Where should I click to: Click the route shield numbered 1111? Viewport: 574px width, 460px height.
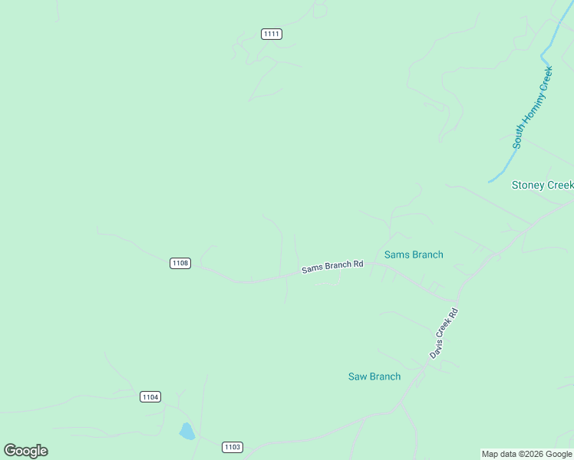272,34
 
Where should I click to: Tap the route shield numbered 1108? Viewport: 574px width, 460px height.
180,263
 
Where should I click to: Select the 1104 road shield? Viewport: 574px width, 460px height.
150,396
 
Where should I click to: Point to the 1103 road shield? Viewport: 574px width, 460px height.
233,447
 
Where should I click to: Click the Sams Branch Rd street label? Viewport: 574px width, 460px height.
332,267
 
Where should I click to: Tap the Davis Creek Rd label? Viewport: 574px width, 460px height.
444,333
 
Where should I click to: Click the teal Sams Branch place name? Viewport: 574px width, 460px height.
414,255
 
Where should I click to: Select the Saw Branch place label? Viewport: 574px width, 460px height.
374,376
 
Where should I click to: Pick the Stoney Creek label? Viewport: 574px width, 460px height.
542,186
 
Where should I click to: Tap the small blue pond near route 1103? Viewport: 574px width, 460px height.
186,432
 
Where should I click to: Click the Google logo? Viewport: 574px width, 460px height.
25,451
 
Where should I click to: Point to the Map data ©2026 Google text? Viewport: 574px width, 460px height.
526,454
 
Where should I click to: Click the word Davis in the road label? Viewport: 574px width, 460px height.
437,347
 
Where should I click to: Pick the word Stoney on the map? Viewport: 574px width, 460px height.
528,186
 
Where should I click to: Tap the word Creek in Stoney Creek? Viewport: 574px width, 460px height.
559,186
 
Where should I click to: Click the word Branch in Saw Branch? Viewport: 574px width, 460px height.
385,376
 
